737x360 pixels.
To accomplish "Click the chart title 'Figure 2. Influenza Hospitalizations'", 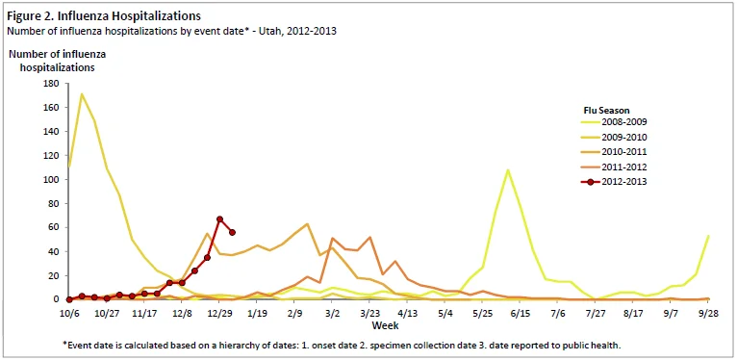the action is [x=103, y=16].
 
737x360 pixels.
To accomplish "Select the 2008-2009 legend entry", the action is [x=614, y=122].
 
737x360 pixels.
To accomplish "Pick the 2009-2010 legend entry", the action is [x=614, y=138].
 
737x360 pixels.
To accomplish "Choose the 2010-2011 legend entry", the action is [x=614, y=152].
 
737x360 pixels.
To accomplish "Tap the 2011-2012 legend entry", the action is [x=614, y=167].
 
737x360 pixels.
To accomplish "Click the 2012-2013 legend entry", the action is [x=614, y=181].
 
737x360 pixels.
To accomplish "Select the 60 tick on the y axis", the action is [x=54, y=227].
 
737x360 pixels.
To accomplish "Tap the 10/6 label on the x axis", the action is [x=69, y=313].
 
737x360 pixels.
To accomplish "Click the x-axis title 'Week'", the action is [x=386, y=325].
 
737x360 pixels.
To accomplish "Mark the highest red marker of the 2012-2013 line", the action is [x=219, y=219].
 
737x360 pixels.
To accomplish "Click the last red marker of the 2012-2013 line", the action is [x=232, y=232].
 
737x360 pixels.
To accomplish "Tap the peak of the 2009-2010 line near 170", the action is [x=82, y=94].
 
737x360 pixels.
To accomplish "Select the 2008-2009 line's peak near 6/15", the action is [x=508, y=170].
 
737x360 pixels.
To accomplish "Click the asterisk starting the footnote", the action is [x=64, y=344].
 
